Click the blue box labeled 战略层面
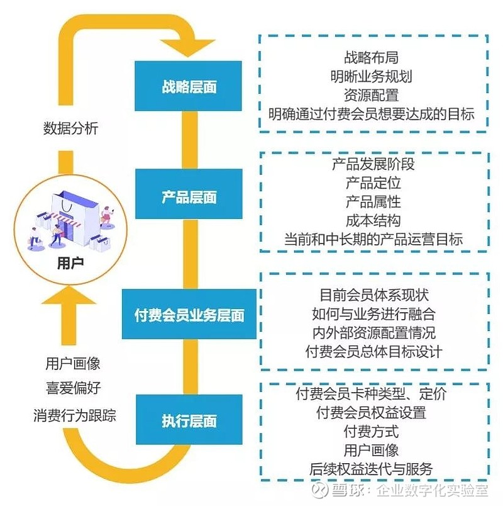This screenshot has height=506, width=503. pos(189,86)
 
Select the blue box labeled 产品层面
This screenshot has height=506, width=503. pos(189,197)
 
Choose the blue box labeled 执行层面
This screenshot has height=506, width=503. pos(189,420)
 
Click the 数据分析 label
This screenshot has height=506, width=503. pos(70,128)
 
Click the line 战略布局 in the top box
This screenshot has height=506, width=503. pos(371,58)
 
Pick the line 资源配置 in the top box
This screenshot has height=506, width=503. pos(371,95)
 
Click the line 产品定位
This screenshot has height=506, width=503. pos(373,183)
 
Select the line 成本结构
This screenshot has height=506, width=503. pos(373,220)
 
